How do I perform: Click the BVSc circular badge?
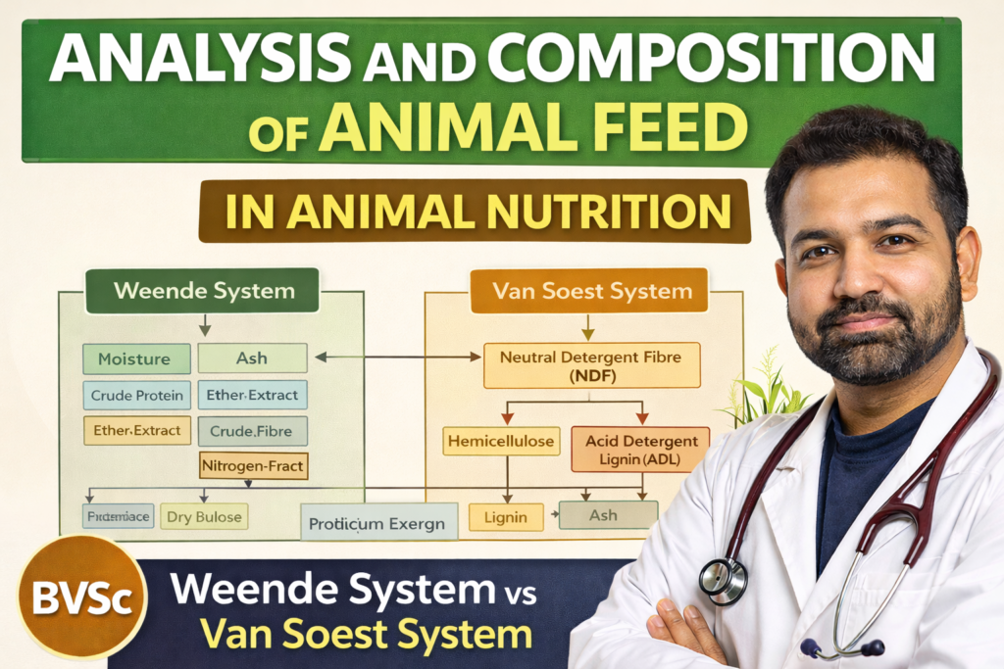click(81, 597)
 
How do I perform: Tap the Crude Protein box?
click(136, 395)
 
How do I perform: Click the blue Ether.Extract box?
click(252, 395)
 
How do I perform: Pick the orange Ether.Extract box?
click(136, 430)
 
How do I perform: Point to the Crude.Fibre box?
click(252, 431)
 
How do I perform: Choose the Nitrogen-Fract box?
click(253, 466)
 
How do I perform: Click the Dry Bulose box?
click(203, 516)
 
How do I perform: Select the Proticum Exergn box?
click(377, 523)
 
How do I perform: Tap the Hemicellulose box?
click(502, 442)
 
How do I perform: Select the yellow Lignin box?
click(505, 517)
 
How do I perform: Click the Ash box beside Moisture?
click(252, 358)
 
